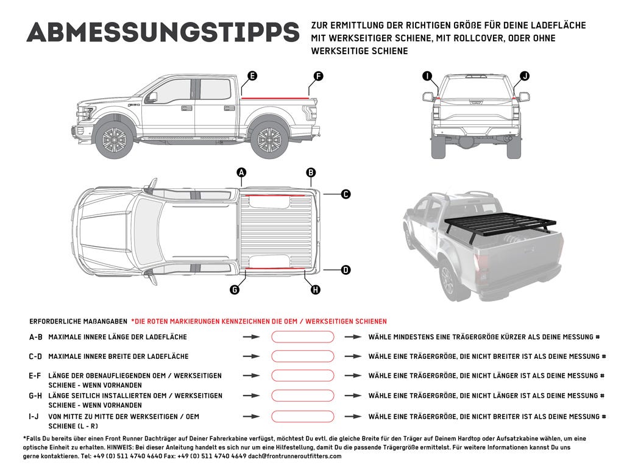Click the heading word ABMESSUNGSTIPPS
click(x=163, y=33)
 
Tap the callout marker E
click(x=252, y=76)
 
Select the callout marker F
click(x=317, y=76)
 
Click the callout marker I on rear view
click(x=427, y=76)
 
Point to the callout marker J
click(x=524, y=76)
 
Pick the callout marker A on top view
click(x=242, y=173)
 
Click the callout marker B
click(x=311, y=173)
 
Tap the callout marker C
click(x=346, y=194)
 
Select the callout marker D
click(x=346, y=269)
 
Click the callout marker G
click(x=235, y=290)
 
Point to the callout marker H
click(x=315, y=290)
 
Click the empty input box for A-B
click(x=303, y=337)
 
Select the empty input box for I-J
click(x=303, y=417)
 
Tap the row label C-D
click(x=35, y=356)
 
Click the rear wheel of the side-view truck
click(x=269, y=140)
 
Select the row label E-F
click(x=35, y=376)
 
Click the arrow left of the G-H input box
click(x=251, y=396)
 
